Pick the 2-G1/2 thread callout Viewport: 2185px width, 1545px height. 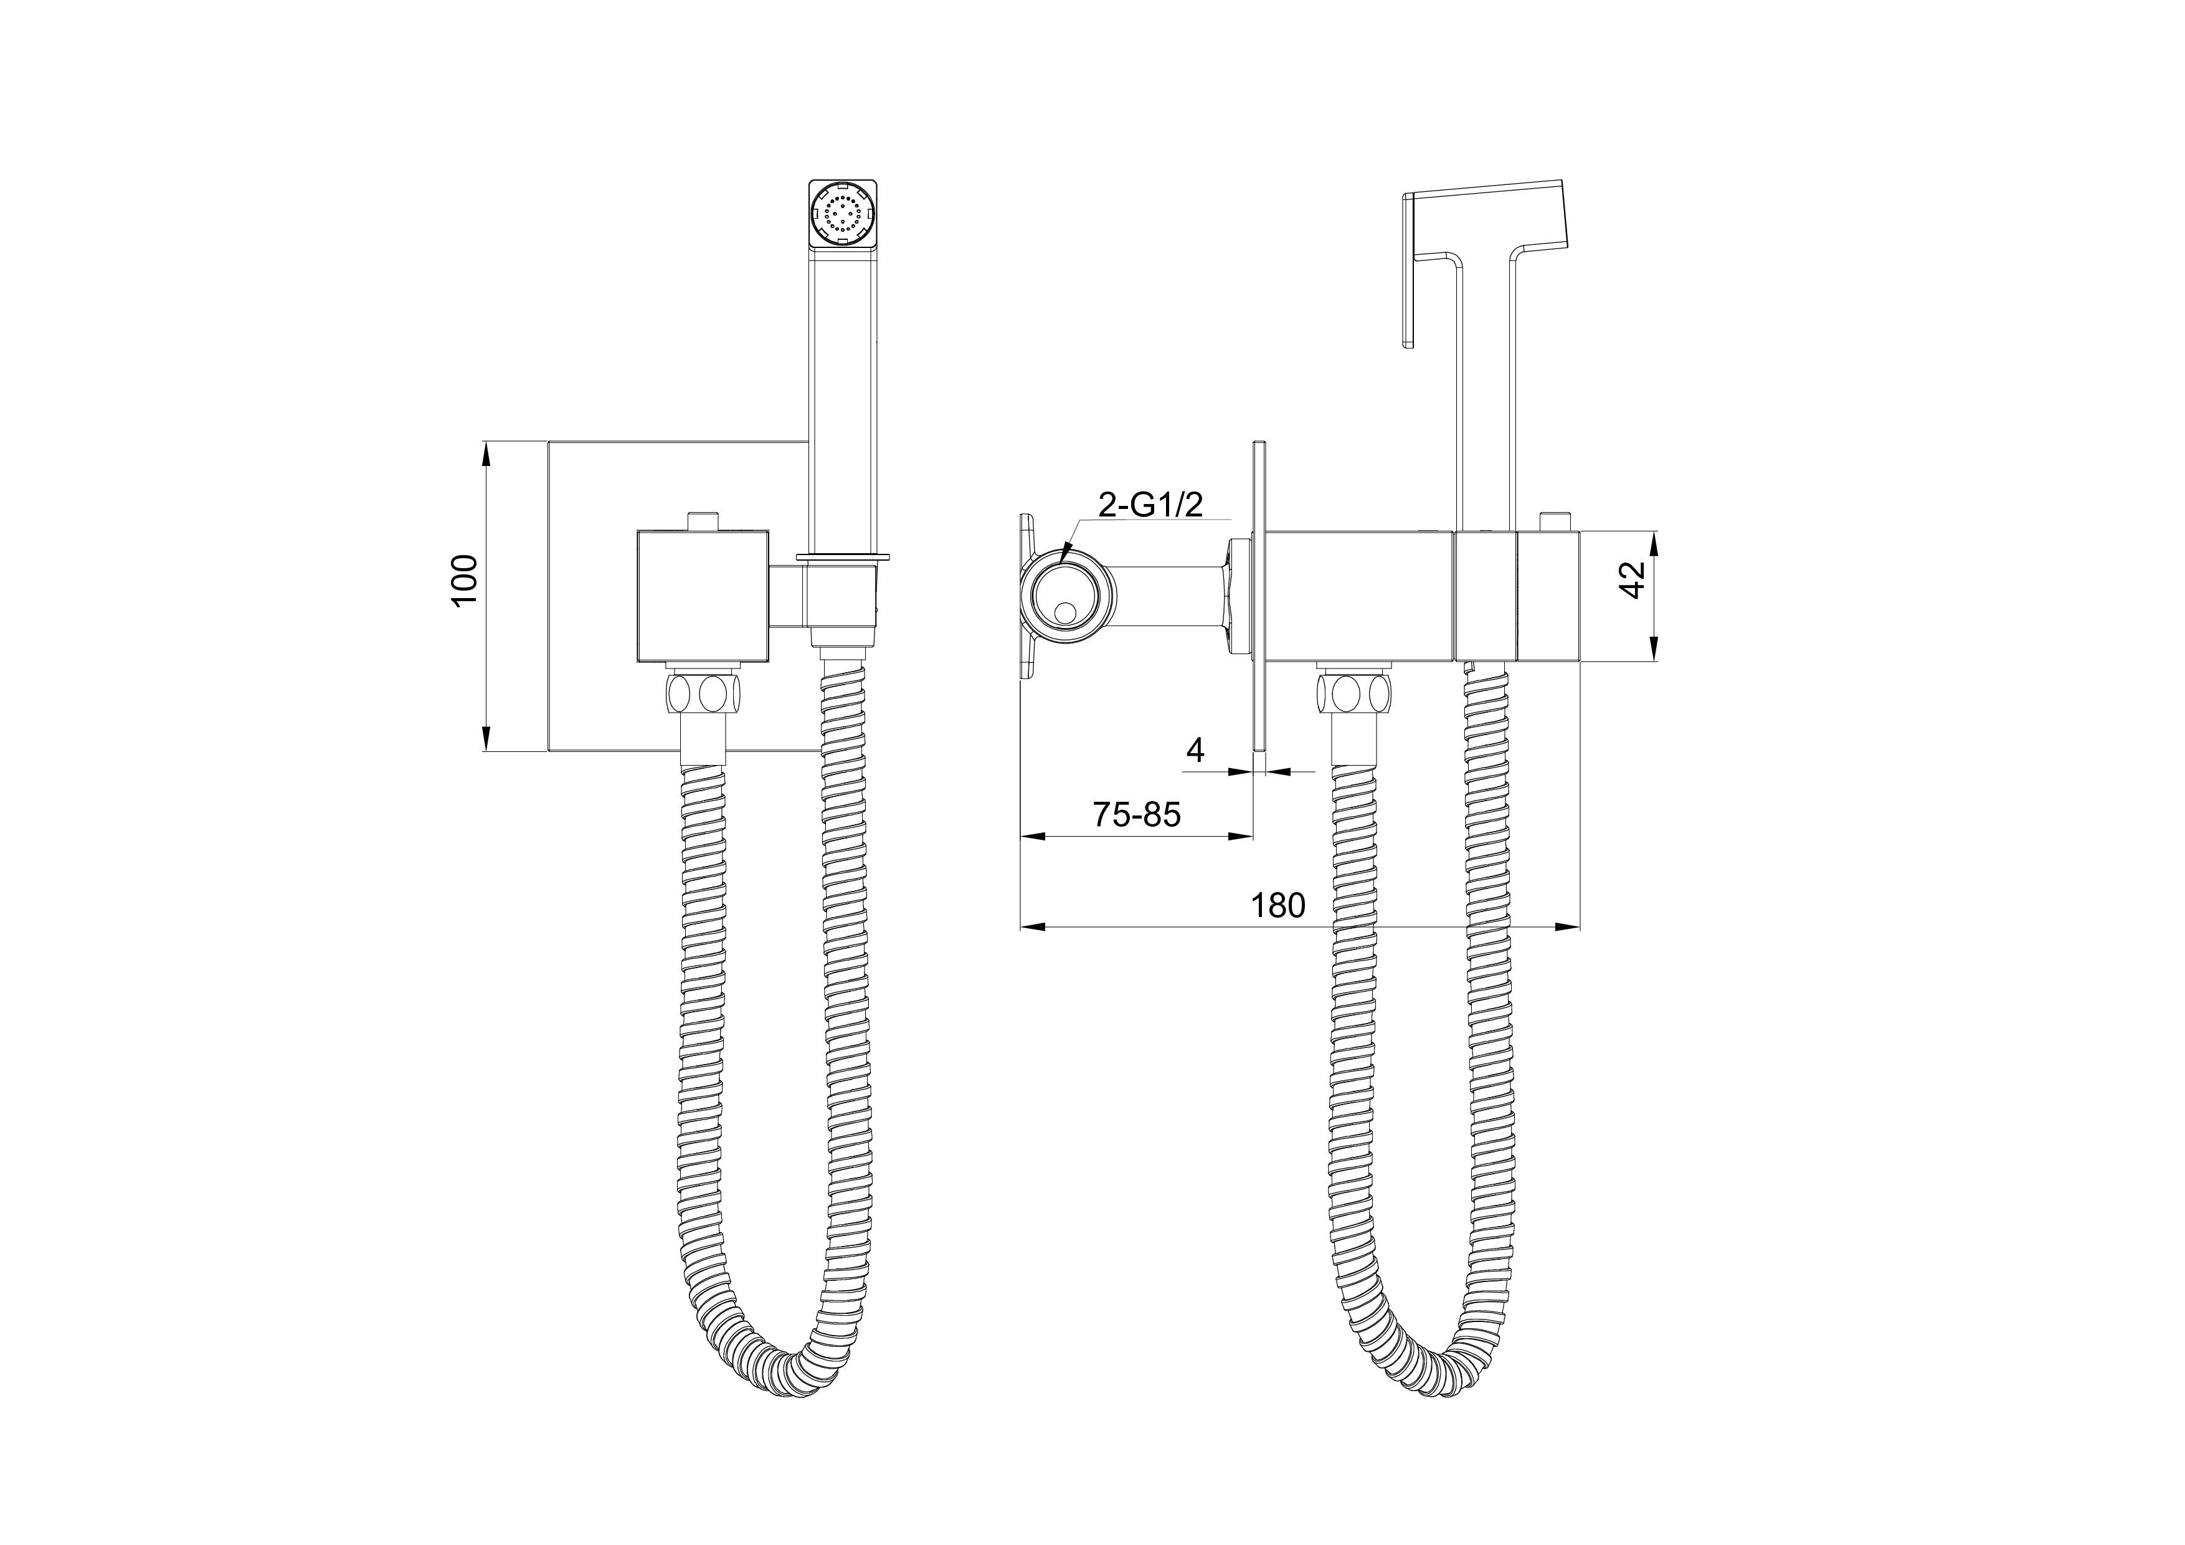click(x=1150, y=505)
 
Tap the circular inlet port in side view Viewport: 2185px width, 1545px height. click(x=1066, y=606)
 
